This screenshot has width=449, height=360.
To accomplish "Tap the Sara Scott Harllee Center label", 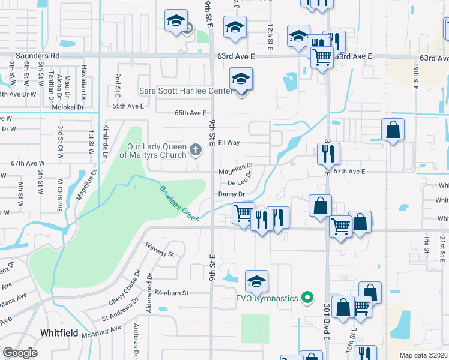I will (x=185, y=91).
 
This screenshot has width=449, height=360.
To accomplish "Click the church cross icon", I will (x=195, y=149).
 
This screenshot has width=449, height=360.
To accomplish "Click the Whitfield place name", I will (x=59, y=332).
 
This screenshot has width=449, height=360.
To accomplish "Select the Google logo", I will (x=20, y=353).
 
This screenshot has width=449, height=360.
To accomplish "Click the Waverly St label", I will (x=159, y=250).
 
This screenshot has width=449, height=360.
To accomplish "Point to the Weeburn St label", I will (x=172, y=293).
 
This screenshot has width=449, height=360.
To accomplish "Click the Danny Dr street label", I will (x=231, y=194).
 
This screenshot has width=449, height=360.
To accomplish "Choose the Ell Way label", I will (x=229, y=143).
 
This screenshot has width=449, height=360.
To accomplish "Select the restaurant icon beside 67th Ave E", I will (x=328, y=154).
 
